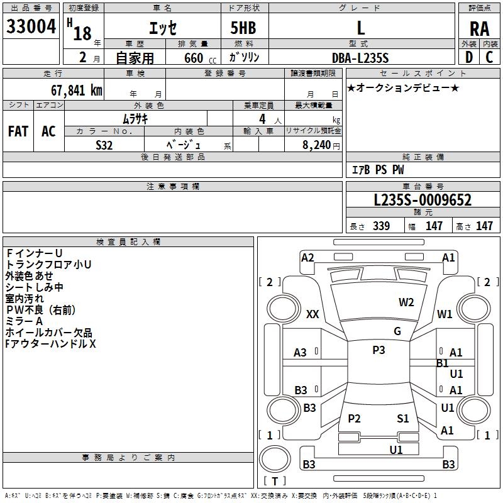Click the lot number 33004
coord(31,26)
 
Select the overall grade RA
coord(479,29)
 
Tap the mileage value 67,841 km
coord(76,91)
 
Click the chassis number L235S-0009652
coord(423,200)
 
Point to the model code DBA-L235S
coord(360,58)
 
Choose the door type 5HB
coord(243,28)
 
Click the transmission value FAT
coord(18,131)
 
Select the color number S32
coord(104,145)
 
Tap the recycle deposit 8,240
coord(316,145)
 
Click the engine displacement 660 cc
coord(200,58)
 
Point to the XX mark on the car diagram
coord(312,314)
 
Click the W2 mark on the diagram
coord(406,302)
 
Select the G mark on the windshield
coord(397,331)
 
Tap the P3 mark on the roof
coord(379,350)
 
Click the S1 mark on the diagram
coord(403,418)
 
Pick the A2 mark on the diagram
coord(307,258)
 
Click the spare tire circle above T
coord(275,459)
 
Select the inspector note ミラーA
coord(25,321)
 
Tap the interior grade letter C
coord(489,57)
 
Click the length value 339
coord(381,226)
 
